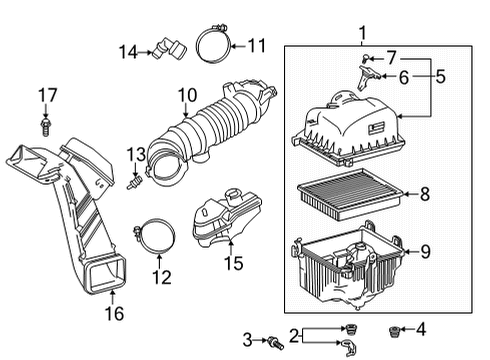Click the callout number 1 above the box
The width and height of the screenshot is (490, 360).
point(363,33)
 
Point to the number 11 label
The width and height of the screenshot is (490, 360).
point(258,44)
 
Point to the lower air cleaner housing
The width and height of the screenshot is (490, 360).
point(345,265)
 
